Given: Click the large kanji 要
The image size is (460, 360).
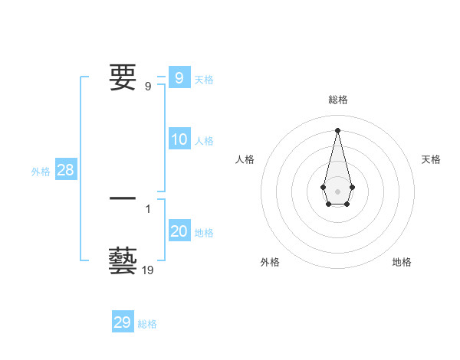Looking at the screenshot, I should (123, 77).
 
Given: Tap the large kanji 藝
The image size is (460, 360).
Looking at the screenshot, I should (123, 261).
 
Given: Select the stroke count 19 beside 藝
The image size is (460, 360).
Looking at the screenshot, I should (149, 270).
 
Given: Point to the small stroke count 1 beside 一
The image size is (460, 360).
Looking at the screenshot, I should (148, 208).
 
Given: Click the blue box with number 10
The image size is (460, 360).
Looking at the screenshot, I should (179, 139).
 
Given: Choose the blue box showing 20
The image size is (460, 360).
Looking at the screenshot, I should (179, 231).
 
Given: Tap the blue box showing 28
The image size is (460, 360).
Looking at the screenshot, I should (65, 170).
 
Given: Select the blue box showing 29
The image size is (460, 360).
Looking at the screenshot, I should (122, 322).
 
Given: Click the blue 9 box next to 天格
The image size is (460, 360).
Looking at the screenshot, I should (179, 77).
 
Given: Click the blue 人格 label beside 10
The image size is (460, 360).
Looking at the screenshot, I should (204, 141).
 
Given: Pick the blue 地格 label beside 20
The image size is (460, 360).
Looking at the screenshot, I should (204, 233).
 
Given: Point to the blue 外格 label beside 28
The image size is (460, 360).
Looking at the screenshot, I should (41, 172).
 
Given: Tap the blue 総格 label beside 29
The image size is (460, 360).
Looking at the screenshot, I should (147, 324).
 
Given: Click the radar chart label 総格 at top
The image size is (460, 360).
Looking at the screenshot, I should (337, 100).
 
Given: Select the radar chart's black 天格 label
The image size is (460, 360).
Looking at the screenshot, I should (431, 159).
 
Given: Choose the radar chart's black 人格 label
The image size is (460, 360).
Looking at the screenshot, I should (245, 159).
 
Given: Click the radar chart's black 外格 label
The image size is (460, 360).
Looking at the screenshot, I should (270, 262).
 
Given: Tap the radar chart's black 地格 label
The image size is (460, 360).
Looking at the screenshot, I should (402, 262).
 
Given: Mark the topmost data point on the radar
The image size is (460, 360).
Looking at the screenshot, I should (337, 129).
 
